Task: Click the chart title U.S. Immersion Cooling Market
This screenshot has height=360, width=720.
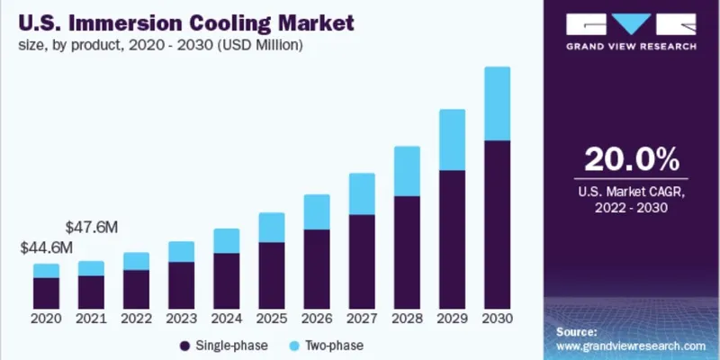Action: [181, 20]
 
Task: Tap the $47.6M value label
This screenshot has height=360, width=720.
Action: [91, 228]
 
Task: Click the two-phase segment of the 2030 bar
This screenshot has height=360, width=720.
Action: [497, 103]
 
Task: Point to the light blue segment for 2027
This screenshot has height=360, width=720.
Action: [362, 193]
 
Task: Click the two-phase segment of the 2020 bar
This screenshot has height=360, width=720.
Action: [46, 270]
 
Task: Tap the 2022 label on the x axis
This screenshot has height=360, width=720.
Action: [136, 319]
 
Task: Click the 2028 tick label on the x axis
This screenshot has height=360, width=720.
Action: [407, 319]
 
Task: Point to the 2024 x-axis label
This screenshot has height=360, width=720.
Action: [226, 319]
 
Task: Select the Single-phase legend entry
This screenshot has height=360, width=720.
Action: [220, 345]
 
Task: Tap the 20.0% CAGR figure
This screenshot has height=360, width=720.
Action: [631, 159]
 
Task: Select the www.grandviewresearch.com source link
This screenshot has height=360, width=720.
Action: [631, 345]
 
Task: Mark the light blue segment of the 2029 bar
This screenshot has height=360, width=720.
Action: [452, 139]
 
